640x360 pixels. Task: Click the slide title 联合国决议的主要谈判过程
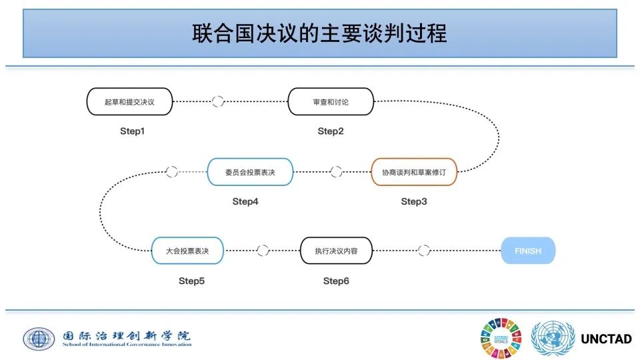[319, 33]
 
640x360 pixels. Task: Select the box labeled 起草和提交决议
[129, 102]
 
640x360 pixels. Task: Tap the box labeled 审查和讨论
[331, 102]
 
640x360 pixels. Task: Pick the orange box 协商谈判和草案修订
[414, 171]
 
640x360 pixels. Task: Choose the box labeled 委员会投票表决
[250, 171]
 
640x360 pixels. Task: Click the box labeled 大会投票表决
[187, 251]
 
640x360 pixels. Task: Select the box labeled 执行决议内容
[336, 251]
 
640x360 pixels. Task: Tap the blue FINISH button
[527, 251]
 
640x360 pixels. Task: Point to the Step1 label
[132, 131]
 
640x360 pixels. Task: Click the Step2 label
[331, 131]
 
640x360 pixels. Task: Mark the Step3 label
[414, 201]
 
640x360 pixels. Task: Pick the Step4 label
[245, 201]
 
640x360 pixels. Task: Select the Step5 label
[191, 281]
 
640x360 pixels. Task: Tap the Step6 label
[336, 281]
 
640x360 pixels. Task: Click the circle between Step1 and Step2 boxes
[217, 102]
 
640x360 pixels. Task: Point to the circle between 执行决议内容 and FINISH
[424, 251]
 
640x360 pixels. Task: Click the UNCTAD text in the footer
[606, 339]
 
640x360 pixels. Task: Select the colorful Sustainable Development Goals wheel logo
[501, 338]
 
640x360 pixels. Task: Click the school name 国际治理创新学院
[126, 335]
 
